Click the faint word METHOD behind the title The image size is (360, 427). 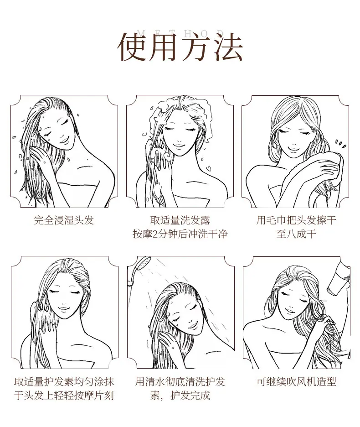180,33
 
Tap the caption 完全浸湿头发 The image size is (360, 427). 64,220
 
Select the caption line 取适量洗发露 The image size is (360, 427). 180,220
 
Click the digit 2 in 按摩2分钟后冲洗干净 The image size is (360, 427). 155,234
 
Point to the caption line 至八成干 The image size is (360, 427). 296,234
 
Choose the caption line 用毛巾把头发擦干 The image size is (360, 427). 296,220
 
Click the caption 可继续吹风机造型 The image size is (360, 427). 296,381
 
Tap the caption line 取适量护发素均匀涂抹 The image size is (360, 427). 64,381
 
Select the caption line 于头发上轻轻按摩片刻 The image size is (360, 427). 64,396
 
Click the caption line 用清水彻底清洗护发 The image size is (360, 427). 180,381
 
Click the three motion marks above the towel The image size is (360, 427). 340,144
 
